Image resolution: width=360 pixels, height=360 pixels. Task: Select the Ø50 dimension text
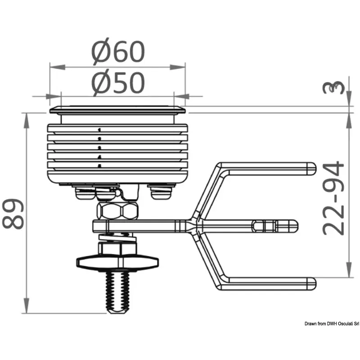(118, 83)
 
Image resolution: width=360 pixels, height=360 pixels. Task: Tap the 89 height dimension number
(13, 214)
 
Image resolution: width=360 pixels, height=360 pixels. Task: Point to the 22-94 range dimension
(333, 198)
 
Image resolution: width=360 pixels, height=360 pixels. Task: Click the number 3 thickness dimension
(334, 87)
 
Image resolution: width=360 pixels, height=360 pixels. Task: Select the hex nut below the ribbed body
(117, 211)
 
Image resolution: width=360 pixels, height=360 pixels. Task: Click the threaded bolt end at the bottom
(117, 292)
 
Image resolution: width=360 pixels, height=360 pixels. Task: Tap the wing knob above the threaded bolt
(117, 262)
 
